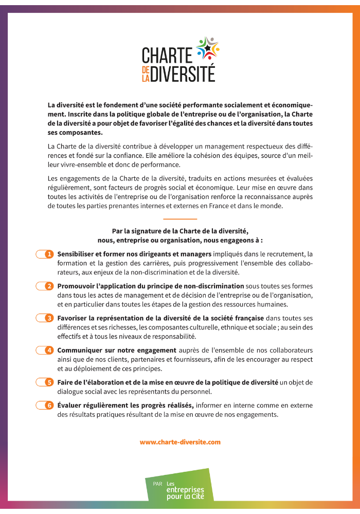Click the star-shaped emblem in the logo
[x=208, y=48]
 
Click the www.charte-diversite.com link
[x=180, y=442]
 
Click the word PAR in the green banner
[x=157, y=484]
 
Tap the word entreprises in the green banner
[x=185, y=490]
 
